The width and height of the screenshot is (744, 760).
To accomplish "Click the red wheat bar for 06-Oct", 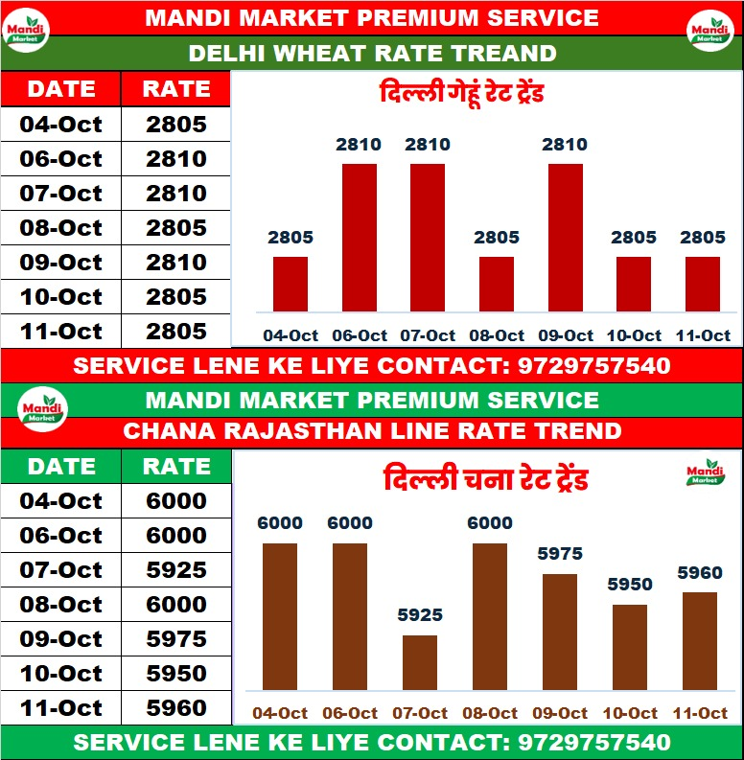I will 360,237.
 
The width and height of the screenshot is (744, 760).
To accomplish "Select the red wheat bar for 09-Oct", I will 565,237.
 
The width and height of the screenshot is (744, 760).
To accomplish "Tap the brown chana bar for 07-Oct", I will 419,662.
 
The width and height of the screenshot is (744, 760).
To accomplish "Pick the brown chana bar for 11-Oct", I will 700,641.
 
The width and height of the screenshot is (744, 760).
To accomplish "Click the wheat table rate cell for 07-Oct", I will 176,194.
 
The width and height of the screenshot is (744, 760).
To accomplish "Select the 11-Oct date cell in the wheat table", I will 60,332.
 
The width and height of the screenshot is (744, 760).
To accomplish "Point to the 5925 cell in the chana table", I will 176,570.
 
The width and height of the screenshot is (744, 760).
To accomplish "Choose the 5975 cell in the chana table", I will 176,639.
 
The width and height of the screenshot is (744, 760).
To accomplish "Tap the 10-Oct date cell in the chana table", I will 60,674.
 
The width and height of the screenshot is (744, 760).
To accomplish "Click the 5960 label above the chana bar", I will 700,573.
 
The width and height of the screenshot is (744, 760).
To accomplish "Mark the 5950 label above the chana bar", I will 630,585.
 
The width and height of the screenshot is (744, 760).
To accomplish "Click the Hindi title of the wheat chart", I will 462,95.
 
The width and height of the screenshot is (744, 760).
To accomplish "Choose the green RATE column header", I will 176,467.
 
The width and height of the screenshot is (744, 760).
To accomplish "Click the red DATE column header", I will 60,89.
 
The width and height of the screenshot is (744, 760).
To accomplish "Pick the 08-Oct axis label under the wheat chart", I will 497,335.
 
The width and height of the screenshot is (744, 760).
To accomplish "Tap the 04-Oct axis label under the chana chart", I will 280,713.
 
